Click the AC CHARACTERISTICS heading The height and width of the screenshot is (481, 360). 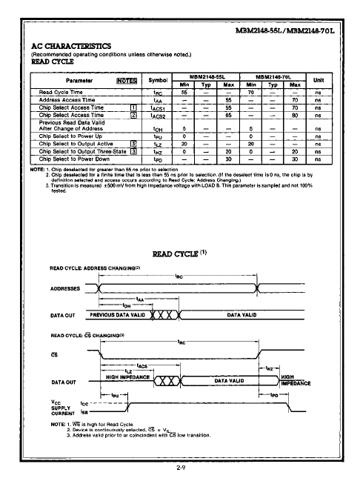tap(70, 46)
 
